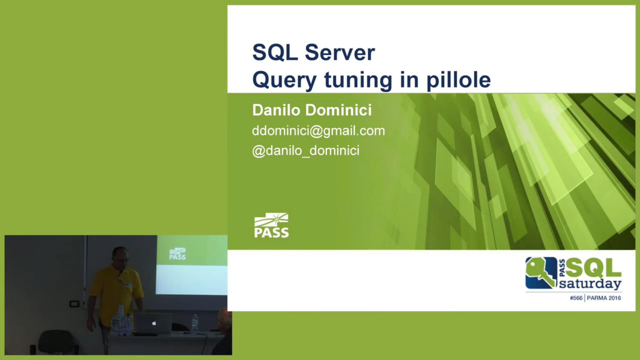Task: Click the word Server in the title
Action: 340,53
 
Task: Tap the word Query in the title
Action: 285,81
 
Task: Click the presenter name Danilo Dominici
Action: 312,110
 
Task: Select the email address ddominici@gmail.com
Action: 319,131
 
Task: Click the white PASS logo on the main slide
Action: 271,225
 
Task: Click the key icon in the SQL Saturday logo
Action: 541,273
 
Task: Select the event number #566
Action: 576,298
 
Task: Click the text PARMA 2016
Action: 604,298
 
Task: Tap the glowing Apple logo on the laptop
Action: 154,323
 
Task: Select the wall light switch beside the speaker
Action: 74,304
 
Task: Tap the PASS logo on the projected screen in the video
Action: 177,254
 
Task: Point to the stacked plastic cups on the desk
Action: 121,313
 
